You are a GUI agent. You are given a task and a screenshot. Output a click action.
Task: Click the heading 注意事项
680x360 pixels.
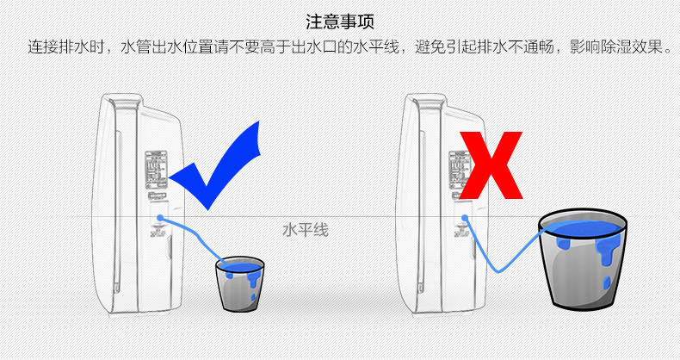click(340, 22)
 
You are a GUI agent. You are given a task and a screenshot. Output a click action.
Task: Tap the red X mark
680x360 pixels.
click(491, 165)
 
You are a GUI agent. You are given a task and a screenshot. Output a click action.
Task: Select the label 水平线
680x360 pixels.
click(306, 230)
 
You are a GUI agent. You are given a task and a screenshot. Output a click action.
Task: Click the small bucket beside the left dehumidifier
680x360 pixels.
click(240, 283)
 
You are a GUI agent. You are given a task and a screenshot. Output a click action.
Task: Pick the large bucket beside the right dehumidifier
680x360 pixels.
click(582, 259)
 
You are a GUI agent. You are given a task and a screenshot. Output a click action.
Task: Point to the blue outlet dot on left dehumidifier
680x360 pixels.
click(160, 217)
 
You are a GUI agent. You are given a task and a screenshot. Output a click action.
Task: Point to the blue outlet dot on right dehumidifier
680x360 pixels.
click(465, 217)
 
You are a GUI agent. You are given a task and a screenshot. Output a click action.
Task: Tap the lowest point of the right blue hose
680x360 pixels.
click(498, 271)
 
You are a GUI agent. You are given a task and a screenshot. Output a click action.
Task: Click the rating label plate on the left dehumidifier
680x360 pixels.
click(156, 170)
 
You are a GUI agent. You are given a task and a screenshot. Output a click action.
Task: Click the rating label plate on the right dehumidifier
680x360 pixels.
click(459, 170)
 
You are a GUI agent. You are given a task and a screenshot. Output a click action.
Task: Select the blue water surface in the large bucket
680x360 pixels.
click(583, 228)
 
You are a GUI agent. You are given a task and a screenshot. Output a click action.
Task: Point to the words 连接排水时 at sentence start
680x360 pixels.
click(66, 47)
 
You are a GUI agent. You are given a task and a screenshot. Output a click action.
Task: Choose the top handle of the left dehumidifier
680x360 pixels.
click(126, 103)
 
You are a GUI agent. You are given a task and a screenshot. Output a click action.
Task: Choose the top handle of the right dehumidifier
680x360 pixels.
click(430, 103)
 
